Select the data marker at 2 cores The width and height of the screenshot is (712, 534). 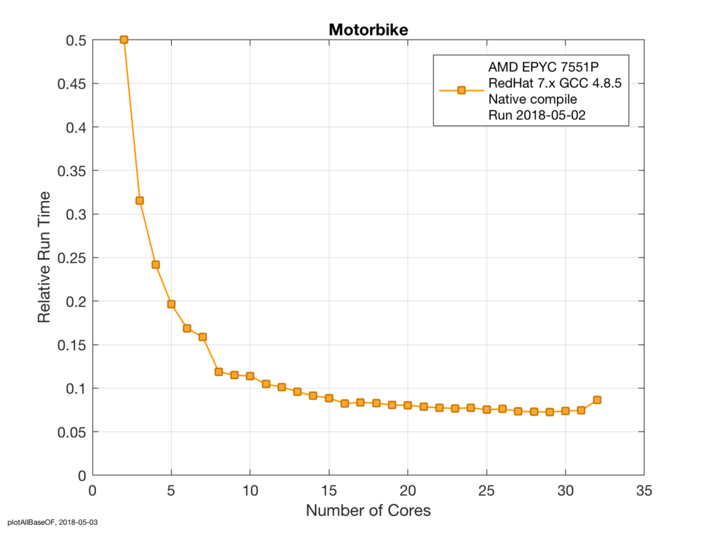click(124, 40)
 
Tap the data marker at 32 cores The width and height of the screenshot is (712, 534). click(597, 400)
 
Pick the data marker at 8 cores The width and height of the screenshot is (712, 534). click(218, 371)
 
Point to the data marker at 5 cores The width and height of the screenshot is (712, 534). click(171, 304)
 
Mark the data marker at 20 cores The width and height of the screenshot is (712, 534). click(407, 405)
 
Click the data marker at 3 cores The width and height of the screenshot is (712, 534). click(140, 200)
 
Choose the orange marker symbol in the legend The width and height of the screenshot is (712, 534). click(461, 90)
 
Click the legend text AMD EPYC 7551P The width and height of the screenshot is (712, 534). click(542, 67)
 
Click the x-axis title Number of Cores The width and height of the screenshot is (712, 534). click(369, 510)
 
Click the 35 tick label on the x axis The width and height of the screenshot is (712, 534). click(644, 489)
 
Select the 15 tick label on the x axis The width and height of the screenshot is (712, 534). click(328, 489)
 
